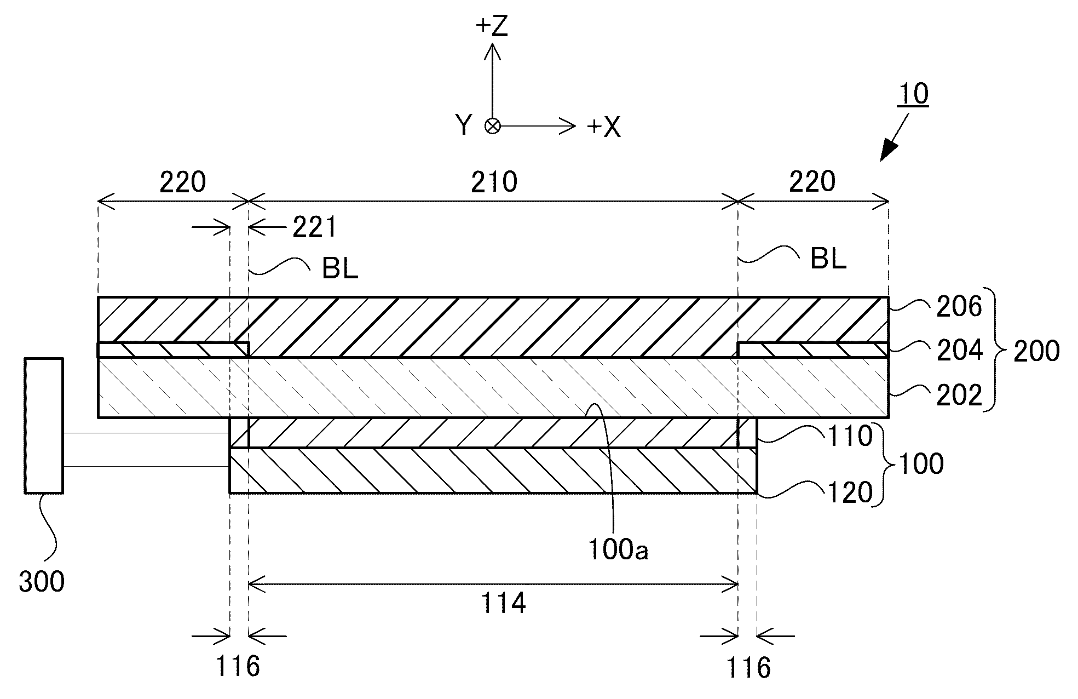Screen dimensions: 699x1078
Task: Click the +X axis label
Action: [x=604, y=128]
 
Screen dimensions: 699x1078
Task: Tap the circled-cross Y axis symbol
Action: [x=493, y=127]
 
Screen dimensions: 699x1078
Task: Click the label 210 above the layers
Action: [x=494, y=182]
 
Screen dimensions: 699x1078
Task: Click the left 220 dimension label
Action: [x=182, y=182]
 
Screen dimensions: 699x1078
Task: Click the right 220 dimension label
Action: [x=812, y=181]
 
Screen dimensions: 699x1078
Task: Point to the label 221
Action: [x=314, y=227]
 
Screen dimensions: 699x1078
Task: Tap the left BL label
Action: [x=339, y=269]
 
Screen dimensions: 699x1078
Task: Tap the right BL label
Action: [x=828, y=259]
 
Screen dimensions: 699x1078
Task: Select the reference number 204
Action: [x=959, y=351]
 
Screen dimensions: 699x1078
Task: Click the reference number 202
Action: [x=959, y=396]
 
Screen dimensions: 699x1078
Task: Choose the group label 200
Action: [x=1036, y=351]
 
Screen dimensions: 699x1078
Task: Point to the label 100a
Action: [x=618, y=549]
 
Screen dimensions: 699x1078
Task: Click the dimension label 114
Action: [x=503, y=603]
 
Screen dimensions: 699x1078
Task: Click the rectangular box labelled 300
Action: [x=44, y=425]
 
